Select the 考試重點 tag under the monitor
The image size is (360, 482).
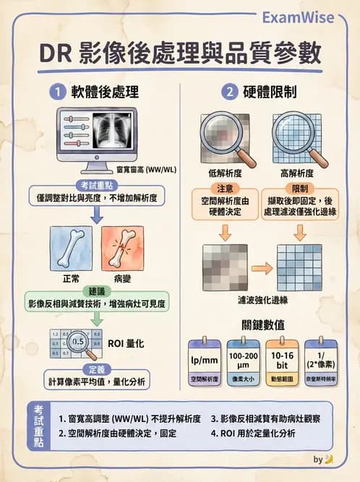pos(95,183)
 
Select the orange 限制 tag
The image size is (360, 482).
pos(300,187)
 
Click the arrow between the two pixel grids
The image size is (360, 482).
pos(261,268)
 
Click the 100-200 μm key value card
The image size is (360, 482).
pos(244,358)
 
